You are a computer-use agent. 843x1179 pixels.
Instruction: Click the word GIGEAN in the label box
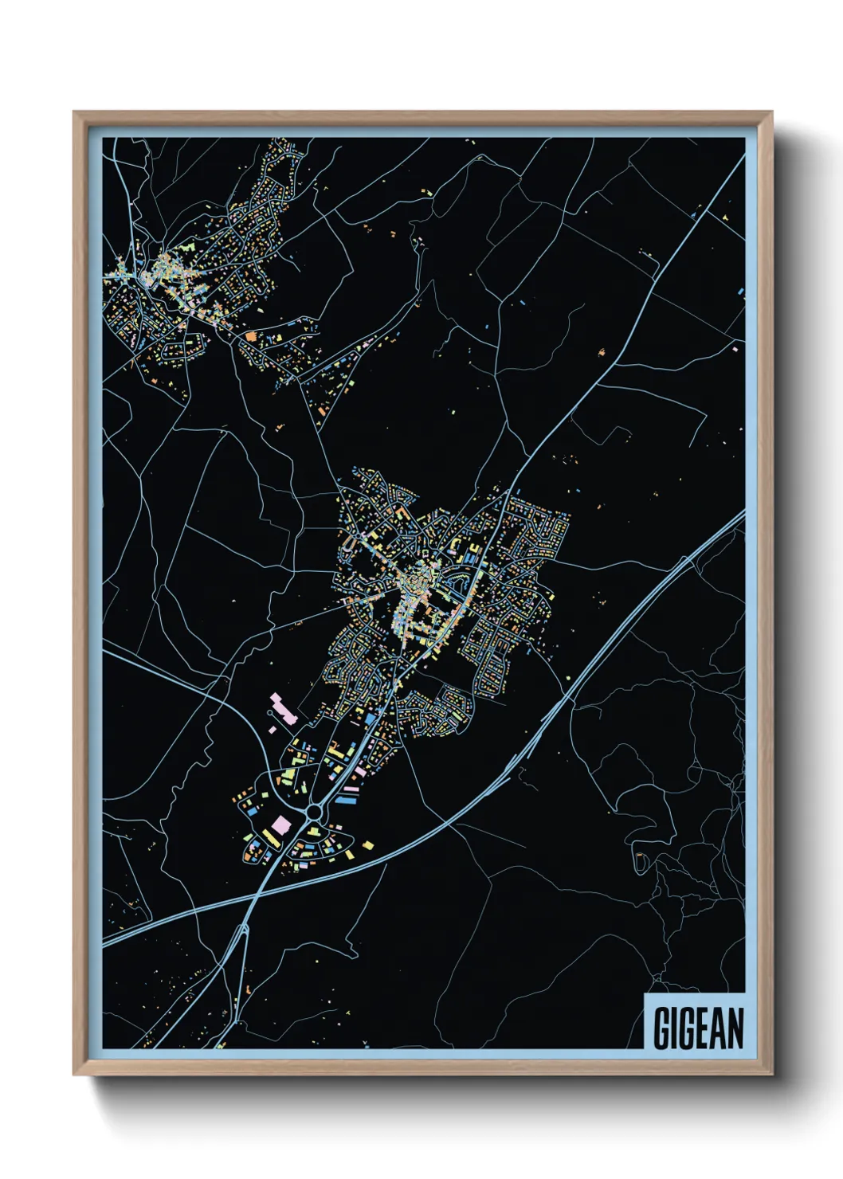(698, 1028)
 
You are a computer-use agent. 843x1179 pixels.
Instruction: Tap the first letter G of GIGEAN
(662, 1028)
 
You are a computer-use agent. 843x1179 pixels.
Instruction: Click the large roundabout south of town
(313, 812)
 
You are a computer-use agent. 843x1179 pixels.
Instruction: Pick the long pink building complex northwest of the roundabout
(283, 708)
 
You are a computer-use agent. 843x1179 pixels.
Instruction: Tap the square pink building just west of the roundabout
(282, 824)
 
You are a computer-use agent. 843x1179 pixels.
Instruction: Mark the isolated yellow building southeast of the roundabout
(367, 845)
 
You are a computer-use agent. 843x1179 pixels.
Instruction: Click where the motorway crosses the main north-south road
(256, 899)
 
